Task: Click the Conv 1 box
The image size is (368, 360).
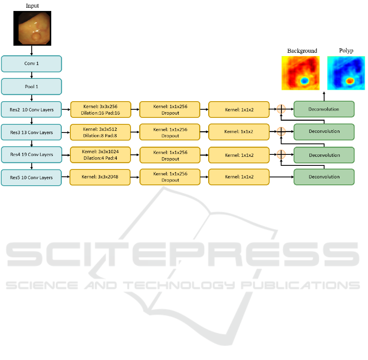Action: click(x=31, y=64)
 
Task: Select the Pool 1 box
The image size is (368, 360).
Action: click(x=31, y=87)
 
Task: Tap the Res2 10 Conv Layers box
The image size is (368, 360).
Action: click(x=31, y=110)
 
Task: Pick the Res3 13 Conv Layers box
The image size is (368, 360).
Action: click(x=31, y=132)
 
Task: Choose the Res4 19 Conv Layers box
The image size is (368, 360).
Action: click(x=31, y=154)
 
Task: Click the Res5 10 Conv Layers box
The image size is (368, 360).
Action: click(x=31, y=178)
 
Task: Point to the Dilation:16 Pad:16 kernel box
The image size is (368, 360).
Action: click(x=100, y=110)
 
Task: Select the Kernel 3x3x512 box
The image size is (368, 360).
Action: click(x=100, y=132)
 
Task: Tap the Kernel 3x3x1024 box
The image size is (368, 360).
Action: click(x=100, y=155)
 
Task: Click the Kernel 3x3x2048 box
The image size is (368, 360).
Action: click(x=100, y=177)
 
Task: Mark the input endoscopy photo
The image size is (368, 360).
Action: click(x=33, y=28)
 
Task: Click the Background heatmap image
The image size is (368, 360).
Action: click(x=300, y=73)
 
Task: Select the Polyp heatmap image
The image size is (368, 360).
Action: click(x=346, y=73)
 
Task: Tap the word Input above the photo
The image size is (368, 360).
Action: click(x=32, y=6)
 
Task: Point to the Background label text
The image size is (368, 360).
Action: click(x=302, y=51)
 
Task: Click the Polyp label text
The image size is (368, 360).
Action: click(x=346, y=50)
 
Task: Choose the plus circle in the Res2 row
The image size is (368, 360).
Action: click(x=281, y=109)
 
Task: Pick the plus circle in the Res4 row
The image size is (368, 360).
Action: click(x=281, y=154)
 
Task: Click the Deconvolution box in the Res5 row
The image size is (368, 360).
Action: click(x=324, y=177)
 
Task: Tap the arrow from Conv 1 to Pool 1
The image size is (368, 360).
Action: click(x=32, y=75)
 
